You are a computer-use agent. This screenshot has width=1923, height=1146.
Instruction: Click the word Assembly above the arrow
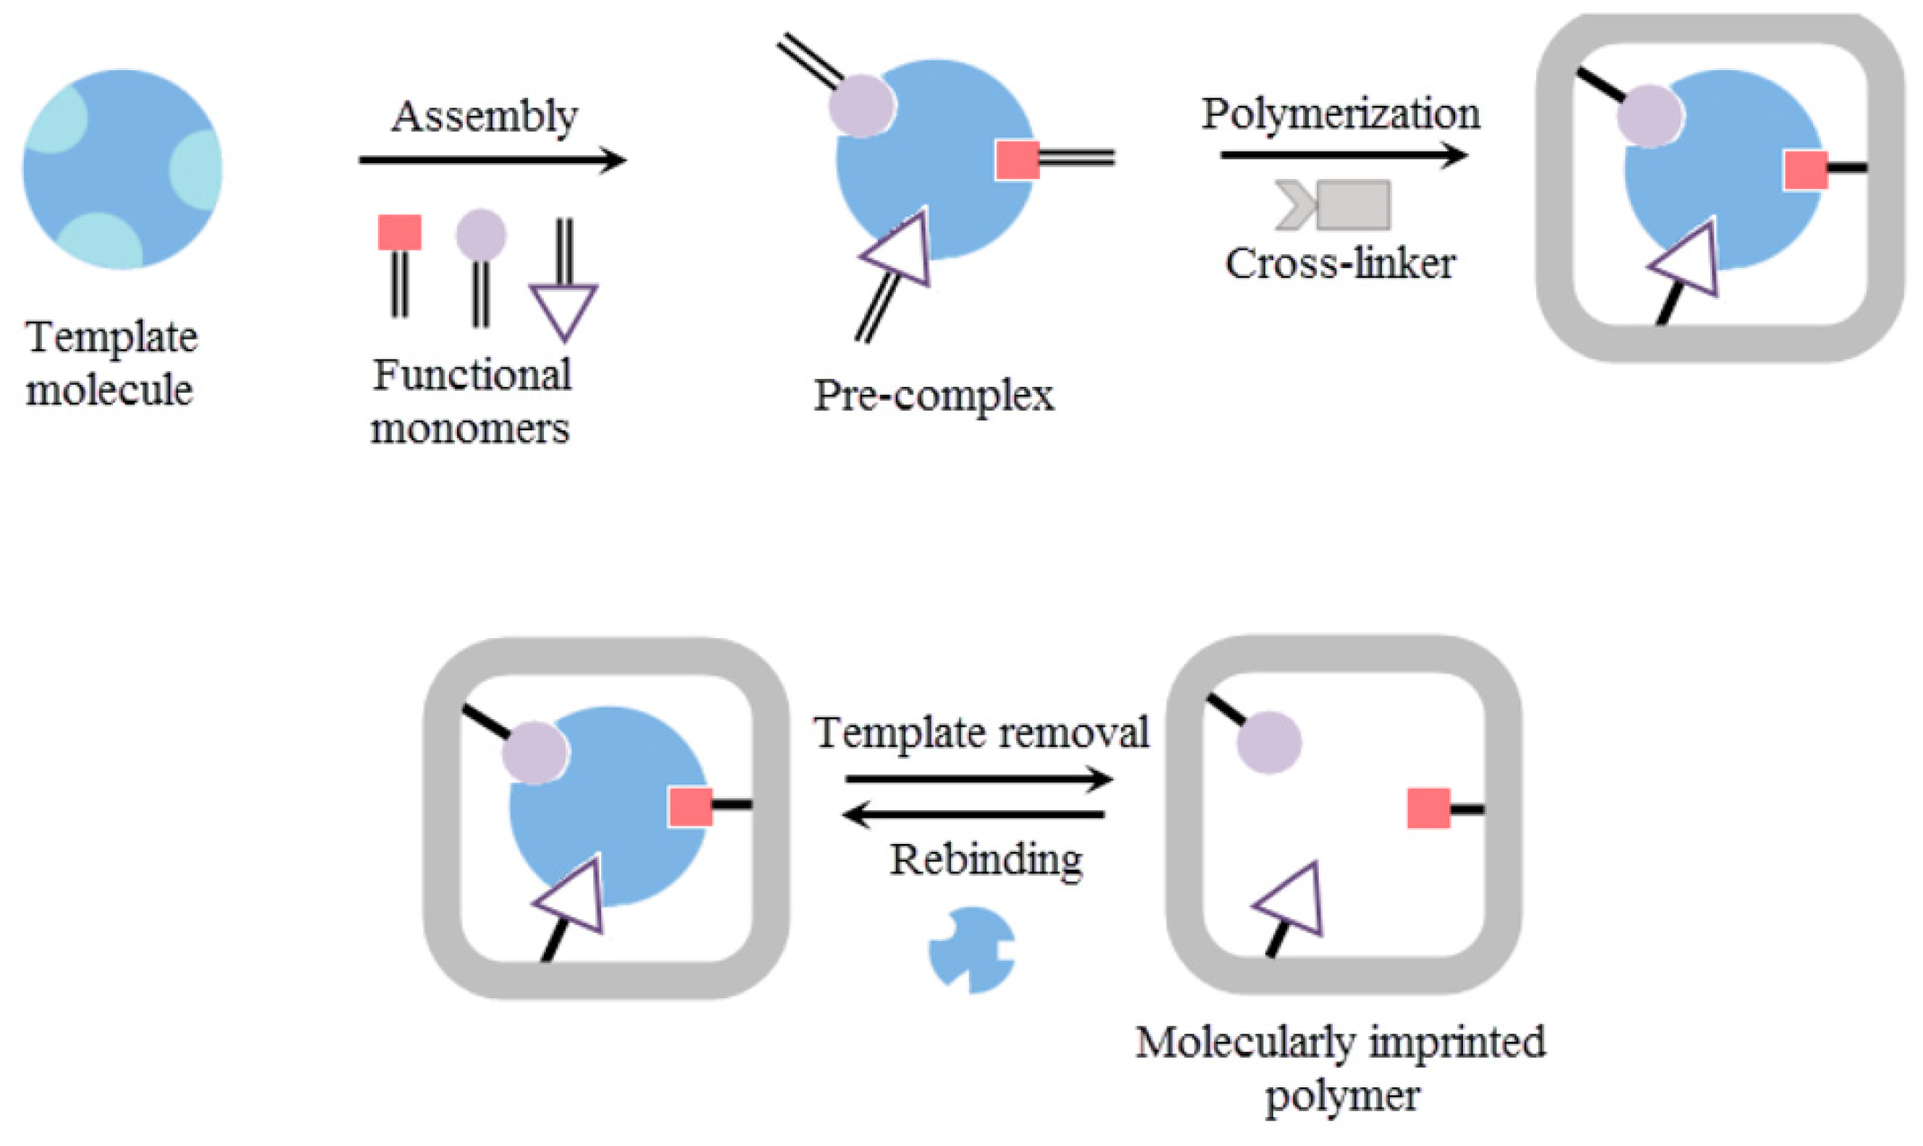[x=484, y=118]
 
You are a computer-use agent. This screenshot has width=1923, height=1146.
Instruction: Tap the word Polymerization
[x=1340, y=115]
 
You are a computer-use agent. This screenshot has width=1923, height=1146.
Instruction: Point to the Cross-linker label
[x=1340, y=264]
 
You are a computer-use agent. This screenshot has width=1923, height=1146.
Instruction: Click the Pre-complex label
[x=934, y=396]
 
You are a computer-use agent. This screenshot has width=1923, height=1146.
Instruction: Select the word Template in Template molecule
[x=112, y=338]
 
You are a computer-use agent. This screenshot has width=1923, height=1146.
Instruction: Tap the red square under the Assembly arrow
[x=399, y=233]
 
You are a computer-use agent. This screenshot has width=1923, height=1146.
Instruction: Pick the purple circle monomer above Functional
[x=481, y=234]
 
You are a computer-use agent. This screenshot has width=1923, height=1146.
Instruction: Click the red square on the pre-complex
[x=1017, y=160]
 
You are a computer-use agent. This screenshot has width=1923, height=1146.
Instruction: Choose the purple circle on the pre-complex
[x=861, y=106]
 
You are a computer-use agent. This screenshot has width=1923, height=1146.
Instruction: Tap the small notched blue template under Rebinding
[x=971, y=950]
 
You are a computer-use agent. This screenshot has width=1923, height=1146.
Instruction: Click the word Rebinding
[x=986, y=859]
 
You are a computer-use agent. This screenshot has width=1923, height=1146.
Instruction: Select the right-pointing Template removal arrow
[x=978, y=779]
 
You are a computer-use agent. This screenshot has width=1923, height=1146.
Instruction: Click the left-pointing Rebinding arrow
[x=973, y=814]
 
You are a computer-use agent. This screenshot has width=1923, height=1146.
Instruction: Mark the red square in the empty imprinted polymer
[x=1428, y=808]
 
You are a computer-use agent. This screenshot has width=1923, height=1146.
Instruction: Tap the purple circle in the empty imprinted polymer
[x=1268, y=742]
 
